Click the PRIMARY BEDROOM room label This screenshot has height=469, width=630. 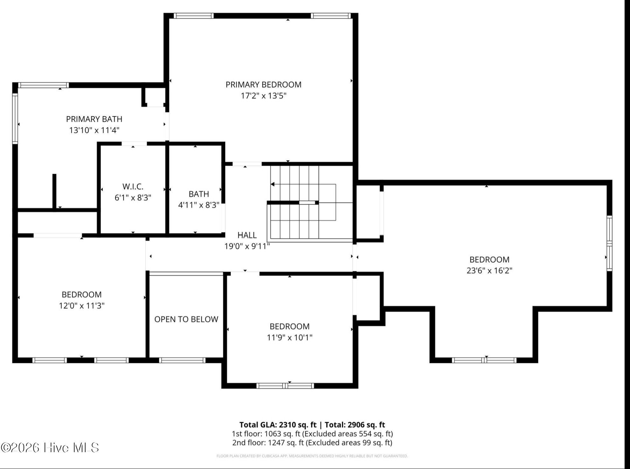[x=263, y=85]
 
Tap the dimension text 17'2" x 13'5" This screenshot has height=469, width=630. [x=263, y=96]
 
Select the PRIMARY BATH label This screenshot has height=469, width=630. [x=94, y=119]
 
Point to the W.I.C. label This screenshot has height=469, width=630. [x=133, y=186]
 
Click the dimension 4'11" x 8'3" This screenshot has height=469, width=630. [x=199, y=205]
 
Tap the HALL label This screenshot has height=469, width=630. [x=247, y=235]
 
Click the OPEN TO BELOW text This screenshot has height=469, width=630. [x=186, y=319]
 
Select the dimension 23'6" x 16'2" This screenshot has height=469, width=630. [x=489, y=270]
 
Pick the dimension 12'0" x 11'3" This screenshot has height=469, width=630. [x=82, y=305]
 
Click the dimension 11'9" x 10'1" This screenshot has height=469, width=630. [x=290, y=337]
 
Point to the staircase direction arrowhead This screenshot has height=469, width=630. [x=273, y=184]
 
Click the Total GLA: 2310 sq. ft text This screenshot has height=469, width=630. [x=278, y=425]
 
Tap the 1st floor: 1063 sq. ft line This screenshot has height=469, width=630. [x=266, y=434]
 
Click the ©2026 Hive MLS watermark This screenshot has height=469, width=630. [x=50, y=448]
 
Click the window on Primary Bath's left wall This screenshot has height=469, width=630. [x=15, y=118]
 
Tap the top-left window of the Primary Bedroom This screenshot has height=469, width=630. [x=193, y=16]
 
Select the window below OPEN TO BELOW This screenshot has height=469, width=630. [x=182, y=360]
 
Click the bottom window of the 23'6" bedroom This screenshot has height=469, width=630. [x=484, y=360]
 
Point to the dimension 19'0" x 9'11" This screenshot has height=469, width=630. [x=247, y=246]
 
